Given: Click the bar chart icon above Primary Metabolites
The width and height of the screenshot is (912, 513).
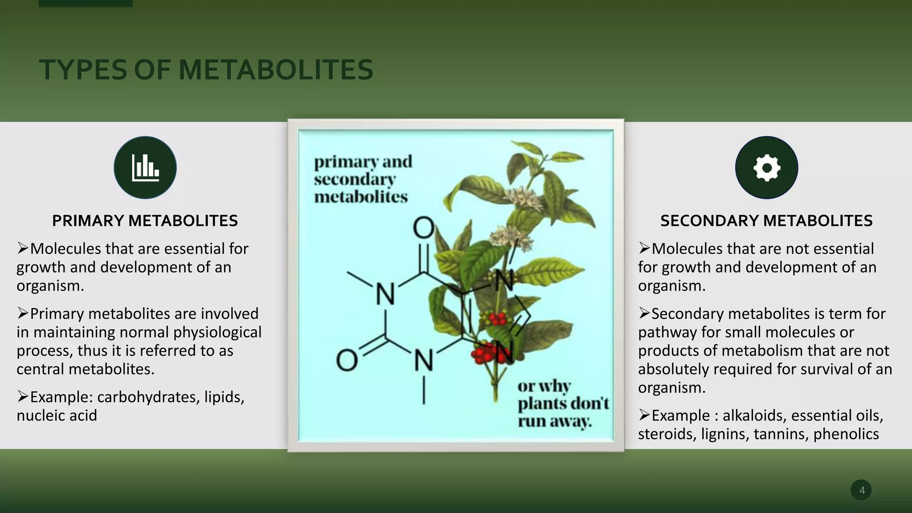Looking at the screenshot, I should point(145,168).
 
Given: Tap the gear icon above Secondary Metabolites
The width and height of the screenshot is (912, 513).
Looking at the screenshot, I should point(766,168).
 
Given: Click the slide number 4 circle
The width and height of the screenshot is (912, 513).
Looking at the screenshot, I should point(861,490).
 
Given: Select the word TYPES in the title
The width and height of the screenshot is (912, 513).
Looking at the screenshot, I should point(83,70).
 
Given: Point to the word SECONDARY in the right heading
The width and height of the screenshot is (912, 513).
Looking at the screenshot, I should point(708,221).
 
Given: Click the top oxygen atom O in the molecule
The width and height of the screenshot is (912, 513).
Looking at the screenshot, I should point(423,228).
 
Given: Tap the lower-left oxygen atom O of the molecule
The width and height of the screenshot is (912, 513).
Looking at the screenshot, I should point(346,360).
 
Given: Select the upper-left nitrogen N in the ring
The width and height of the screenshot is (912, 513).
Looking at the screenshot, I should point(385,294).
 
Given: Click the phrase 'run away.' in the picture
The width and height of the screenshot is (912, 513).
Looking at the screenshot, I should point(554,421).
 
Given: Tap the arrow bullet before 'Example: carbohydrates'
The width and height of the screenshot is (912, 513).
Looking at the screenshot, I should point(23,396).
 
